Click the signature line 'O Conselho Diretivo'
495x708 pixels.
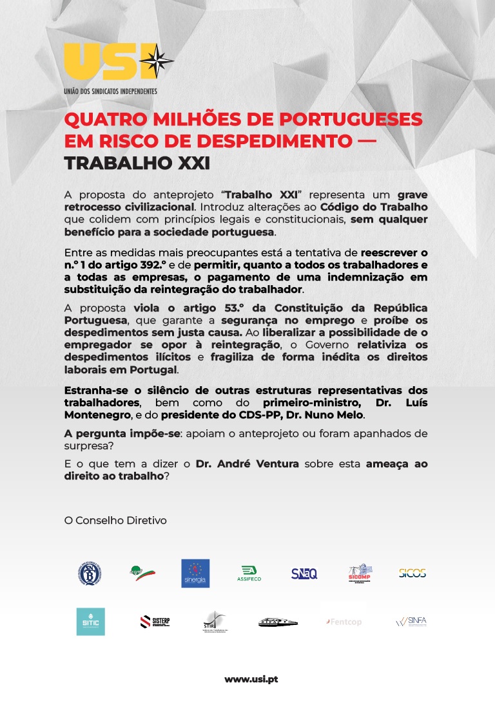pos(115,519)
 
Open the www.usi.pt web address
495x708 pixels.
pos(251,679)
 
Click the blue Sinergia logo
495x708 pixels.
pos(195,573)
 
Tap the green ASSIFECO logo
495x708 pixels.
pos(249,573)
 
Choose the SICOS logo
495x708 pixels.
pos(412,573)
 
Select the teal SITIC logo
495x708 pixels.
pos(90,621)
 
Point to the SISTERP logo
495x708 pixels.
pos(155,621)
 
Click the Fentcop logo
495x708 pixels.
pos(344,622)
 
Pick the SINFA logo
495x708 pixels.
pos(411,621)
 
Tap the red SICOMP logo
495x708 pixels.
pos(359,572)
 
